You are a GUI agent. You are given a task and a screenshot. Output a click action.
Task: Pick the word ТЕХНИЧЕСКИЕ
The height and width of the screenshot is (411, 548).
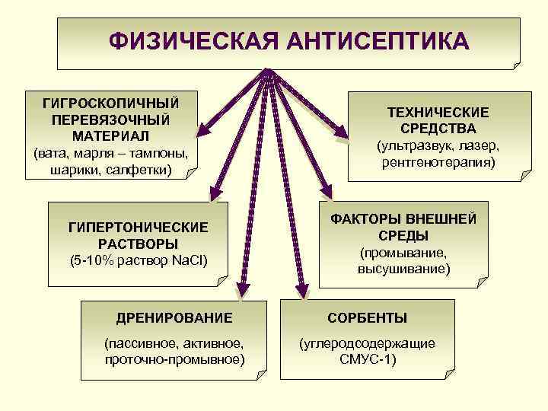click(438, 113)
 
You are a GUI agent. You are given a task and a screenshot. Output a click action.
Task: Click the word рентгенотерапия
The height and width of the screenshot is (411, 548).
click(438, 162)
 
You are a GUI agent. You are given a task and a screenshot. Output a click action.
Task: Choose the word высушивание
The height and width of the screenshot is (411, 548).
click(403, 269)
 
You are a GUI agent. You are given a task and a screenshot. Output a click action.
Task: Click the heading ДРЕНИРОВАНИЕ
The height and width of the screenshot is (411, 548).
click(174, 317)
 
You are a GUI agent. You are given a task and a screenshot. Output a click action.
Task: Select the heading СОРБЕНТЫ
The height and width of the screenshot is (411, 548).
click(367, 317)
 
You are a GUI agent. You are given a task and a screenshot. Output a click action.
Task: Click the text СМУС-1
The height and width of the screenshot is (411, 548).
click(368, 358)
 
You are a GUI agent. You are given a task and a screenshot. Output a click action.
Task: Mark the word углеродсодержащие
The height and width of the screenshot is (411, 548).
click(368, 343)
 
